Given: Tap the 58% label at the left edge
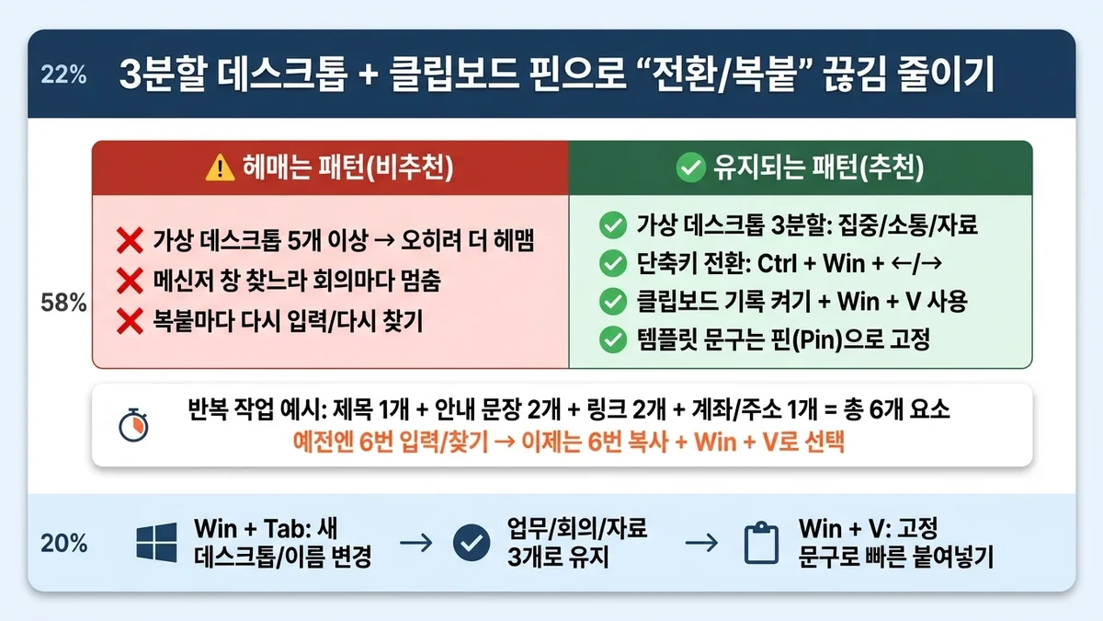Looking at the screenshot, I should tap(63, 305).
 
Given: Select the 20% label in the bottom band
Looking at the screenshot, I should tap(63, 544).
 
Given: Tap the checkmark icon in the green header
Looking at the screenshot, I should tap(688, 167).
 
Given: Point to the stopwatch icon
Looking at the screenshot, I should tap(132, 424).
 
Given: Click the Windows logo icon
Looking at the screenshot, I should tap(156, 543).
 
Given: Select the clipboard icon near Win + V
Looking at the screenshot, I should tap(760, 544).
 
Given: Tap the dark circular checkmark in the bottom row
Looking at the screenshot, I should tap(472, 543).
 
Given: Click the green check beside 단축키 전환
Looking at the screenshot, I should tap(611, 263).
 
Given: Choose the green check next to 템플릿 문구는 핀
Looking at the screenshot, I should tap(611, 340).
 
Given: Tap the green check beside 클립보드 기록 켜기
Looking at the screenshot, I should tap(611, 302).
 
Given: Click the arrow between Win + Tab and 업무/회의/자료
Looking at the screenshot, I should tap(416, 543).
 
